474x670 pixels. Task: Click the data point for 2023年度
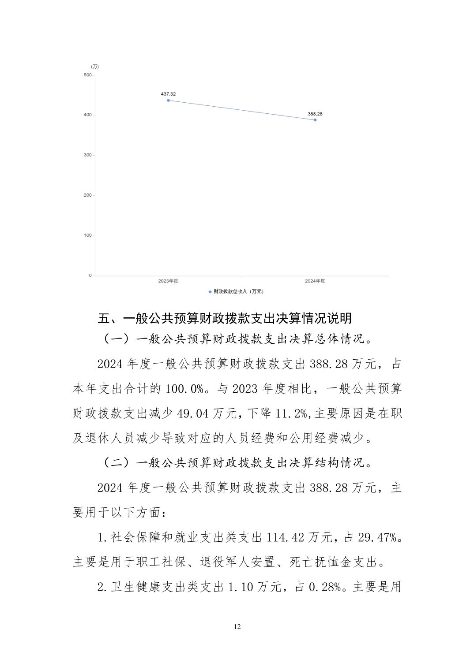[168, 100]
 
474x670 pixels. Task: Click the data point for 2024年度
[315, 120]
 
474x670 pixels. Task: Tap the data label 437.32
[168, 94]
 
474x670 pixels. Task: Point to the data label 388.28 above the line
[315, 114]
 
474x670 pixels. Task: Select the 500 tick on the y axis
[87, 75]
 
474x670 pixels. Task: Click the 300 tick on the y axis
[87, 155]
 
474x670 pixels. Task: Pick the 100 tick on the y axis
[87, 235]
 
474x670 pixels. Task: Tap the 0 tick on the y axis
[90, 275]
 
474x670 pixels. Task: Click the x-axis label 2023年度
[168, 281]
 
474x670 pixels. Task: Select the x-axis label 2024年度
[315, 281]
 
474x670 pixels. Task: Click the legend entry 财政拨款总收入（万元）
[238, 291]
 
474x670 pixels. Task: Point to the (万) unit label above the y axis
[95, 67]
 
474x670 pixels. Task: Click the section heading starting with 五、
[225, 318]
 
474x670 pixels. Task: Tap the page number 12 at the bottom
[237, 627]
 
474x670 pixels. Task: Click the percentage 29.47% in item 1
[380, 537]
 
